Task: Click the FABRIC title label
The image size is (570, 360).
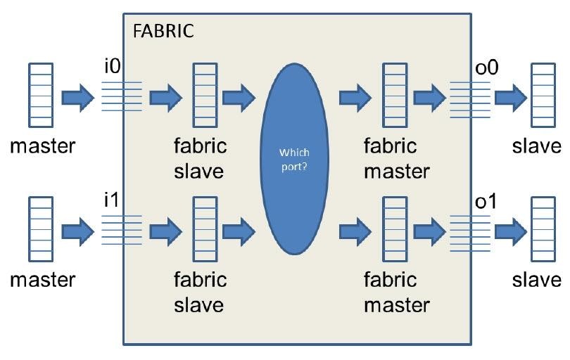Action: click(163, 31)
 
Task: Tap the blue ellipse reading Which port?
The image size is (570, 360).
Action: click(294, 159)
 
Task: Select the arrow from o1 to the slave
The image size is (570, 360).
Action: click(509, 230)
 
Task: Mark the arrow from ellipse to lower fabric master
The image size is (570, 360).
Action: click(356, 230)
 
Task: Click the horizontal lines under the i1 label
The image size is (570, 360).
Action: click(122, 230)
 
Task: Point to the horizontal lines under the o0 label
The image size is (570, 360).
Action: click(470, 96)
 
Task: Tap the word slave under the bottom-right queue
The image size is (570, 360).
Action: click(536, 280)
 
